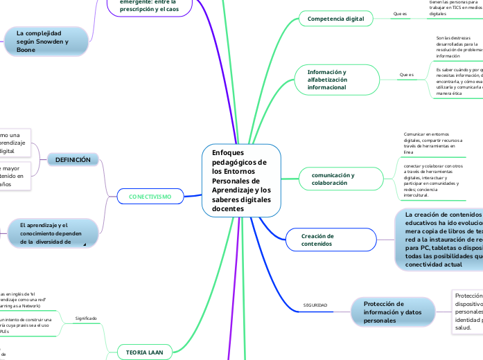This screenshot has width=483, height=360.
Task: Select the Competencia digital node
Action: click(335, 19)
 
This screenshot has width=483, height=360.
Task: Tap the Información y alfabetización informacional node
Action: click(336, 80)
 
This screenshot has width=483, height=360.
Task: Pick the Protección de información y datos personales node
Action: click(394, 312)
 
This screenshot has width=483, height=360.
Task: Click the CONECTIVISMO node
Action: click(150, 197)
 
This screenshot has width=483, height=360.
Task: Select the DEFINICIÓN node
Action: click(73, 160)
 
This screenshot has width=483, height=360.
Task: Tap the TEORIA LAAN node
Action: click(144, 352)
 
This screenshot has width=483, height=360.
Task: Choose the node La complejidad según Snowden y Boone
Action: click(46, 42)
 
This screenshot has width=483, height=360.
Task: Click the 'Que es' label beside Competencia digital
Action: click(400, 14)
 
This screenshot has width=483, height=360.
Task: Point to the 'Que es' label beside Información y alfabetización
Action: click(406, 74)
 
